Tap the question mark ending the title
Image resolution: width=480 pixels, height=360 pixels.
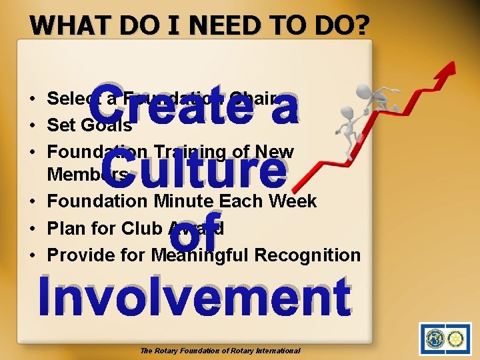362,25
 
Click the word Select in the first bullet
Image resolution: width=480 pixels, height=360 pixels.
70,99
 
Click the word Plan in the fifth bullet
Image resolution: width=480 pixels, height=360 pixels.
67,228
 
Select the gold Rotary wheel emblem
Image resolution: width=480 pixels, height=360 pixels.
457,339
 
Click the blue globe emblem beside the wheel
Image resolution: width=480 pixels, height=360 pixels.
435,339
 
